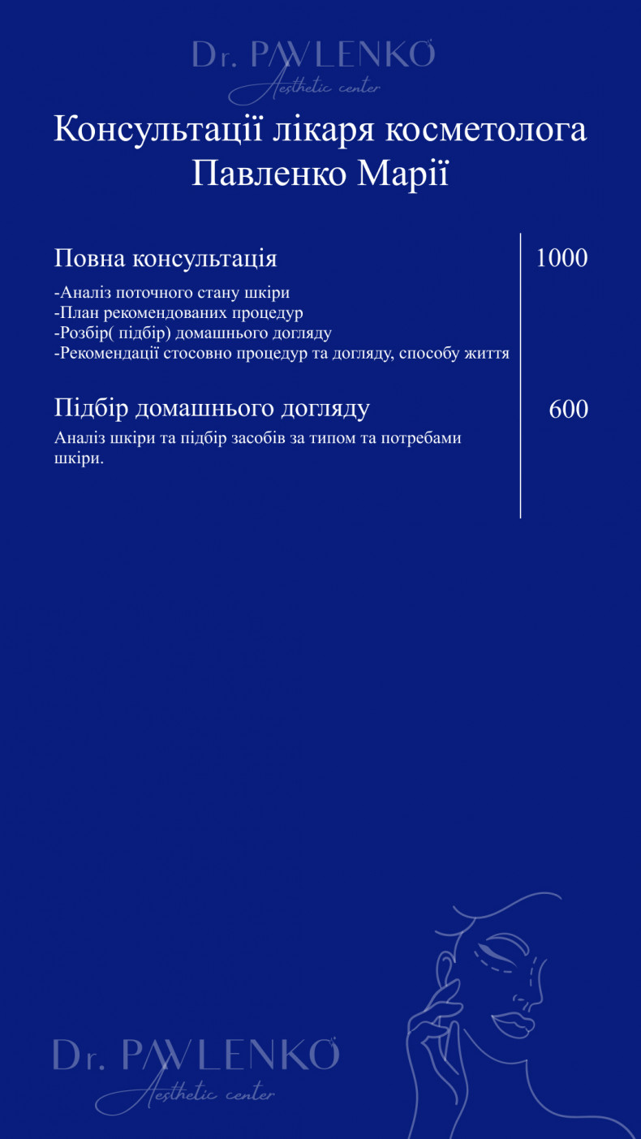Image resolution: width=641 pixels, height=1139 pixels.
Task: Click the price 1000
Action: coord(561,259)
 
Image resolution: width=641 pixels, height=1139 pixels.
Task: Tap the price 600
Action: coord(568,409)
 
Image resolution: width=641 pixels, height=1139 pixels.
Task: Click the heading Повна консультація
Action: coord(166,259)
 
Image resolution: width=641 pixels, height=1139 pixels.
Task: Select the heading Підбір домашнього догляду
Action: coord(212,408)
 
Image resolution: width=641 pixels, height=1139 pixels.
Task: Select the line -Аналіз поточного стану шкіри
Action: coord(172,293)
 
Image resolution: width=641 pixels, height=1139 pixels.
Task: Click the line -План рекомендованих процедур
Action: coord(179,312)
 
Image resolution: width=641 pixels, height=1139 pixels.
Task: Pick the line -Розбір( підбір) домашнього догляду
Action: coord(192,333)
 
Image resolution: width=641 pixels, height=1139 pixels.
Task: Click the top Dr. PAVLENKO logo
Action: coord(313,55)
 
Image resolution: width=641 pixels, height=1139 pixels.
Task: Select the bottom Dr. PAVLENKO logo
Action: coord(196,1054)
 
